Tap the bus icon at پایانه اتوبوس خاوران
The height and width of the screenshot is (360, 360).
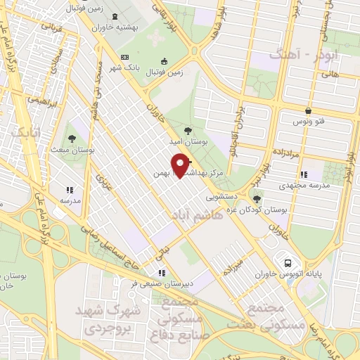(288, 263)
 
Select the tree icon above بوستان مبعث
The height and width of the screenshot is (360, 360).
(72, 139)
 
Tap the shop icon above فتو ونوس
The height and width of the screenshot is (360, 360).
(309, 110)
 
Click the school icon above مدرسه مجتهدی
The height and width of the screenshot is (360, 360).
(303, 174)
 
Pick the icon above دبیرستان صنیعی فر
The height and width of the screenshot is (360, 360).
(162, 273)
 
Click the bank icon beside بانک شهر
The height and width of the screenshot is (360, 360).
(125, 57)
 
